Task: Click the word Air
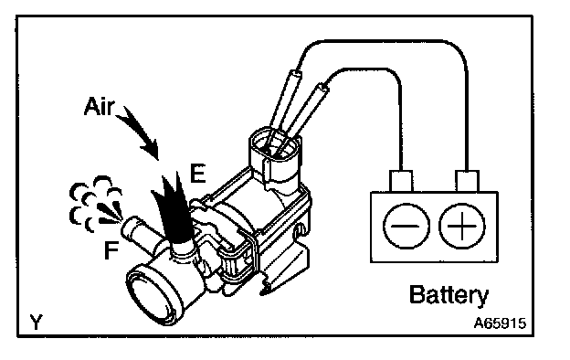pyautogui.click(x=100, y=106)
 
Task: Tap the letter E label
pyautogui.click(x=197, y=173)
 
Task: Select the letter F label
pyautogui.click(x=111, y=250)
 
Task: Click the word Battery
pyautogui.click(x=449, y=295)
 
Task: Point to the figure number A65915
pyautogui.click(x=500, y=323)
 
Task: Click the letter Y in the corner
pyautogui.click(x=36, y=322)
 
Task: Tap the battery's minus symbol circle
pyautogui.click(x=406, y=226)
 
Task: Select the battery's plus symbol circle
pyautogui.click(x=461, y=226)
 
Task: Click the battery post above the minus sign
pyautogui.click(x=401, y=181)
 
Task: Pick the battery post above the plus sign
pyautogui.click(x=467, y=181)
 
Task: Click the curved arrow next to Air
pyautogui.click(x=140, y=132)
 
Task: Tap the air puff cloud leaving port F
pyautogui.click(x=95, y=204)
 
